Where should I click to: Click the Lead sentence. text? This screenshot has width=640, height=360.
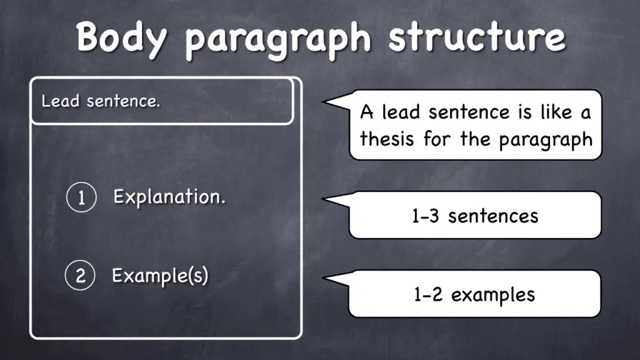[x=101, y=101]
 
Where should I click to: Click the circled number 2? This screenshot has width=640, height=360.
[x=80, y=276]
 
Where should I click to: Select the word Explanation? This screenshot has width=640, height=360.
[x=169, y=197]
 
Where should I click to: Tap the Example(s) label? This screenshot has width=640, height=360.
[x=160, y=276]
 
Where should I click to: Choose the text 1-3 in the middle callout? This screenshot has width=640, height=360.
[x=426, y=216]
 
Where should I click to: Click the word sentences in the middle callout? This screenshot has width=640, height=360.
[x=493, y=216]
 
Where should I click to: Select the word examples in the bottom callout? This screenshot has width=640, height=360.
[x=493, y=294]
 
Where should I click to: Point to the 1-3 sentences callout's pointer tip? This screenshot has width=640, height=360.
[x=323, y=200]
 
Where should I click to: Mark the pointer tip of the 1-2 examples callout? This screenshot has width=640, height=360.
[x=323, y=279]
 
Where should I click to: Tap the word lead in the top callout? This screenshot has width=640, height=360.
[x=402, y=112]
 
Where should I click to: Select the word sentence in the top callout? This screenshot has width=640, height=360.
[x=470, y=112]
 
